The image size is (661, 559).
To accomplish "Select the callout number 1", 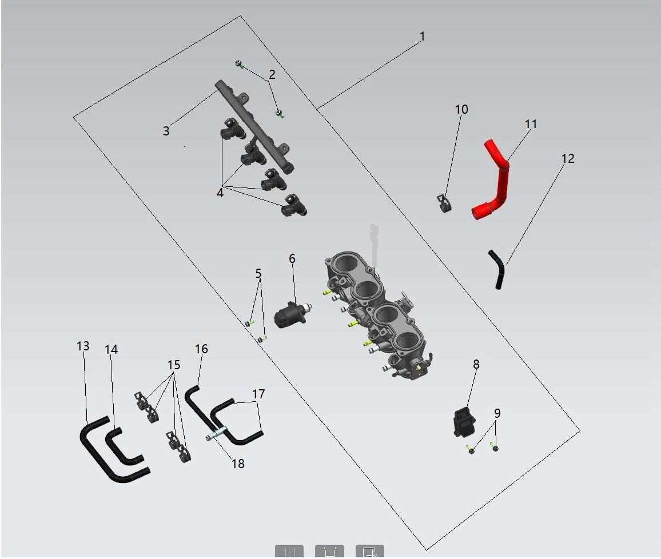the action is point(422,37).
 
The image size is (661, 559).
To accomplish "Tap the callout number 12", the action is point(568,158).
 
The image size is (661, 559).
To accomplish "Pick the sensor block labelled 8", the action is point(464,421).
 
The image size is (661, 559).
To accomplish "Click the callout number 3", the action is point(166,131).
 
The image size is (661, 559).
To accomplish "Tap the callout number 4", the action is point(220,193).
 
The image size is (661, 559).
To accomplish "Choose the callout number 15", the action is point(174,365).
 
